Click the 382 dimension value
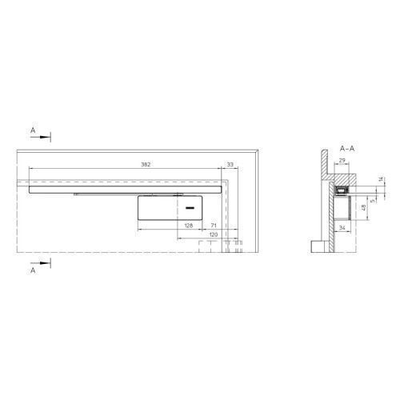coord(146,165)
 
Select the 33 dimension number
coord(230,165)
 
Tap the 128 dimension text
coord(189,226)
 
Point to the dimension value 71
coord(214,226)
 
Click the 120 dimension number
coord(214,234)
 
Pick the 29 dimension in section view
coord(342,160)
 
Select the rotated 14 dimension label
coord(381,179)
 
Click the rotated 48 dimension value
coord(363,208)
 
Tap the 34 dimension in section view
coord(342,228)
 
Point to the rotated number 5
coord(373,201)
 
